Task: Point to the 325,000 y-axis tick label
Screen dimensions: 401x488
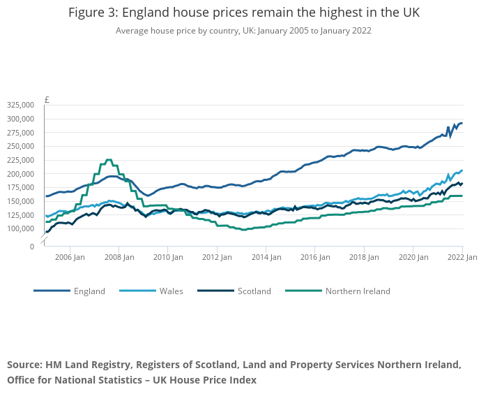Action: (x=20, y=105)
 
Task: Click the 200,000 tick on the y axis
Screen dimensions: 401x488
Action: (x=20, y=174)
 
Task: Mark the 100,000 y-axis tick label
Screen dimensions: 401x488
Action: (x=20, y=229)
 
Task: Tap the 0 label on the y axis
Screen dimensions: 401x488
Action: (x=31, y=246)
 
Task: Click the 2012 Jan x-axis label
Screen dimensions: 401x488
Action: (x=216, y=257)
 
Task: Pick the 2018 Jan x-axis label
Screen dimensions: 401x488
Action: (x=363, y=257)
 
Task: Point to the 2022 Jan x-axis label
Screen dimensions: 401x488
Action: (x=462, y=257)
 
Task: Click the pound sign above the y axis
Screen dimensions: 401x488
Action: (x=47, y=99)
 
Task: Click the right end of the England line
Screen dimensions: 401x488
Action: (x=462, y=124)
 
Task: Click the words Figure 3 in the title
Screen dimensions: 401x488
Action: (x=93, y=13)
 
